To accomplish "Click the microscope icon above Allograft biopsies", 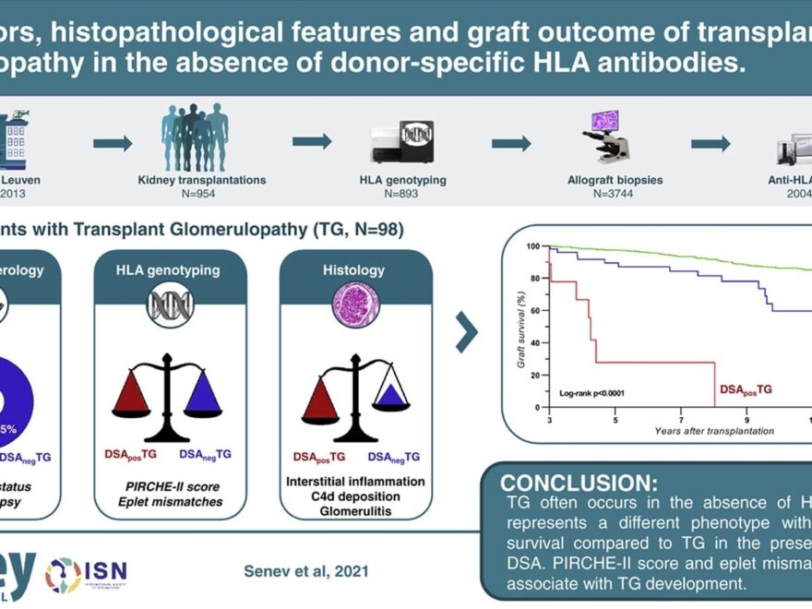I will [x=605, y=137].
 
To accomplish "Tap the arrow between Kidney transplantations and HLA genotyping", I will [x=312, y=142].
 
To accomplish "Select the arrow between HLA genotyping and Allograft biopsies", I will [x=510, y=142].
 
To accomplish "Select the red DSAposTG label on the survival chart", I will [x=746, y=390].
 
